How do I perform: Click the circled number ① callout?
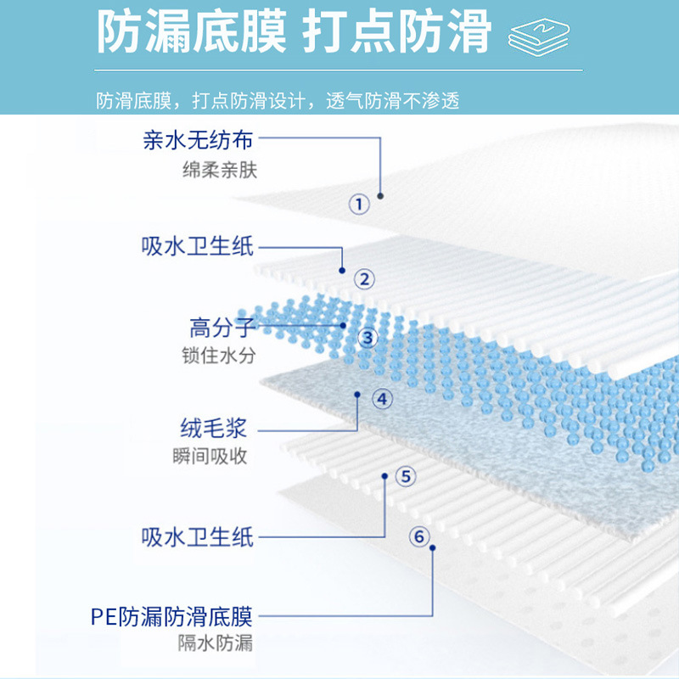click(x=359, y=204)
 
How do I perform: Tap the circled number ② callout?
click(x=364, y=278)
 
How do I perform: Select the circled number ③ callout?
click(x=367, y=338)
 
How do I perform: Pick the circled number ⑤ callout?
click(x=406, y=476)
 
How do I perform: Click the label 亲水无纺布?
click(x=198, y=139)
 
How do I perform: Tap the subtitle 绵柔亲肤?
click(x=219, y=170)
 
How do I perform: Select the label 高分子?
click(x=222, y=327)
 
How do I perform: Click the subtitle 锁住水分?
click(x=219, y=355)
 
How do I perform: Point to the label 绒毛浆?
click(x=213, y=426)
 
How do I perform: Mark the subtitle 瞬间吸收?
click(x=210, y=457)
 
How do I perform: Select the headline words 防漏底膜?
click(x=188, y=34)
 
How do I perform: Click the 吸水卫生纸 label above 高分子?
click(x=197, y=247)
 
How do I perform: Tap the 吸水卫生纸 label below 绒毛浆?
click(x=197, y=536)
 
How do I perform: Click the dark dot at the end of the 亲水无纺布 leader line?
click(x=380, y=195)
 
